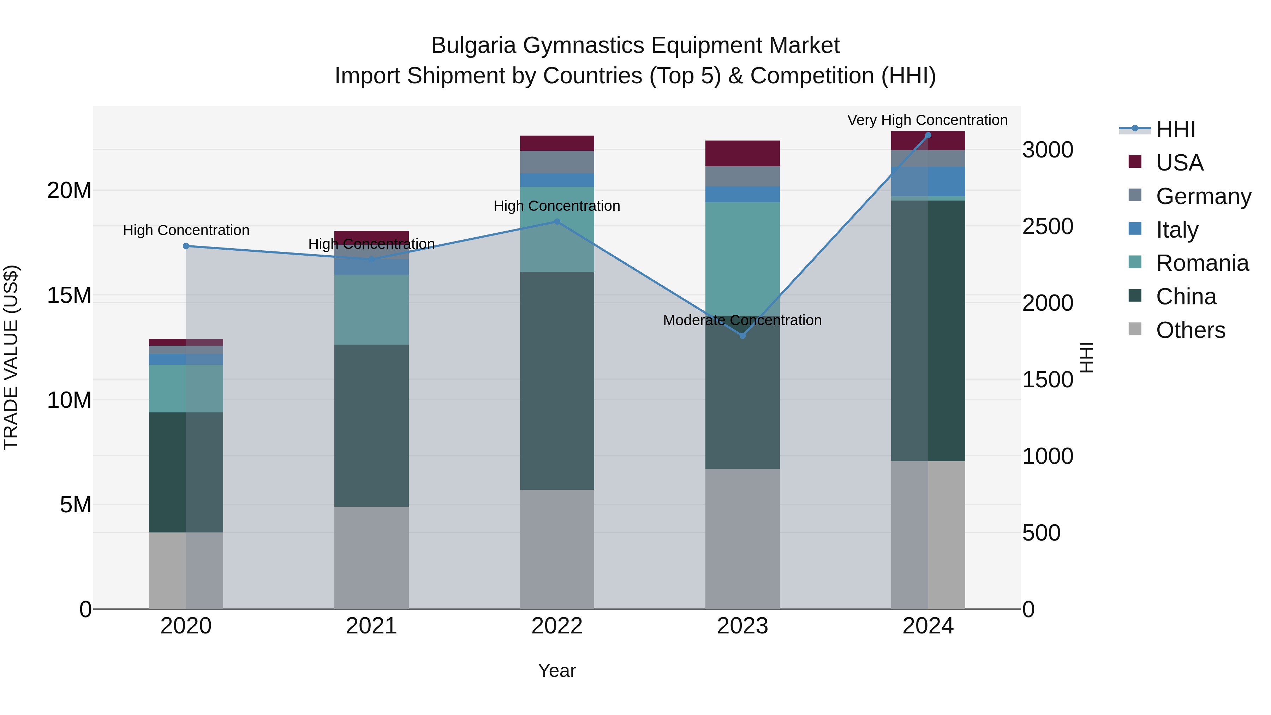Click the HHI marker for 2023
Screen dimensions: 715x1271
click(x=742, y=335)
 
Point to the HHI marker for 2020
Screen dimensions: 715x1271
click(x=186, y=246)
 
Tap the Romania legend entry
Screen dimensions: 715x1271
click(x=1202, y=263)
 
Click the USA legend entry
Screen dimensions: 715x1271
click(x=1179, y=162)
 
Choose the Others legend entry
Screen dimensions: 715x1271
click(x=1190, y=330)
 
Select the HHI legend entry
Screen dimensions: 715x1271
click(x=1175, y=129)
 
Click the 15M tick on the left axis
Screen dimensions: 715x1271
click(x=69, y=295)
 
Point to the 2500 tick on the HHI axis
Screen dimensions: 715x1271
click(x=1048, y=226)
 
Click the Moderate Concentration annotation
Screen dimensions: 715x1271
click(x=742, y=320)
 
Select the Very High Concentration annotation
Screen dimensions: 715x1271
click(x=927, y=120)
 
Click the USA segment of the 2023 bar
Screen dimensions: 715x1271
click(x=742, y=154)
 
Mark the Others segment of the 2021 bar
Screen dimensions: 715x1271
click(x=371, y=558)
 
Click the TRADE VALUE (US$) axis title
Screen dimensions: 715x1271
click(x=11, y=357)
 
